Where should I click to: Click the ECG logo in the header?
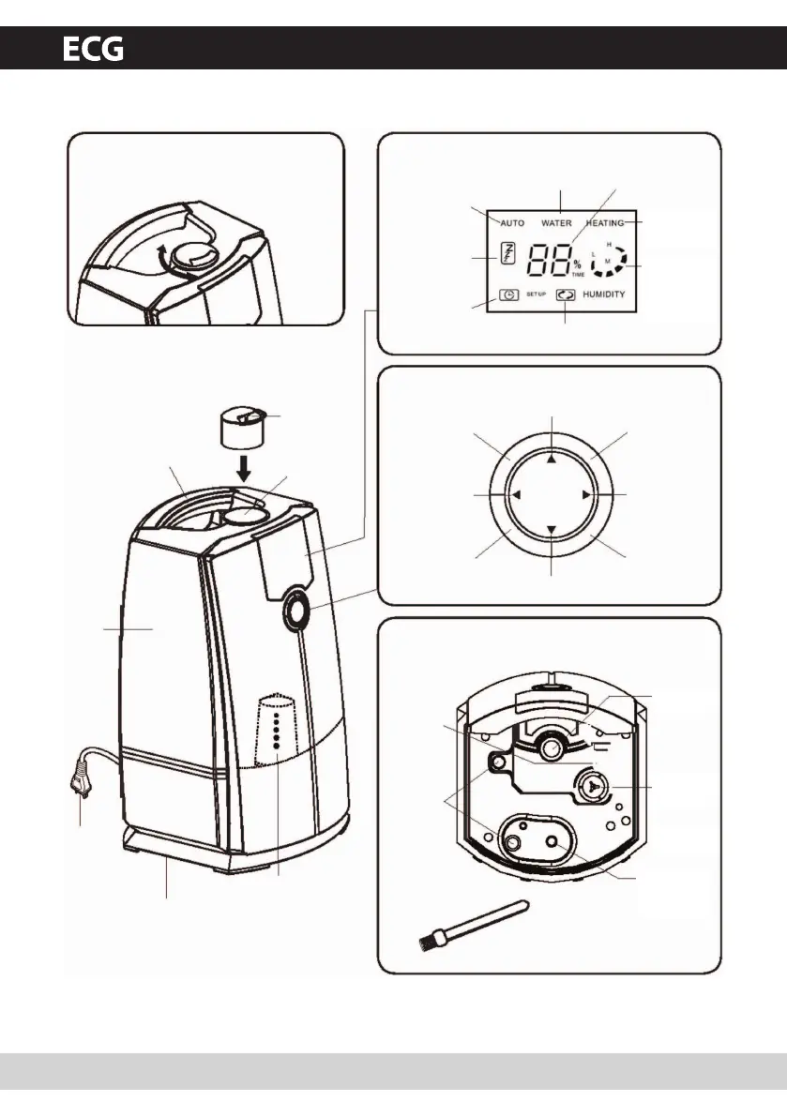point(93,49)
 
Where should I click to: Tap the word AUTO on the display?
point(512,223)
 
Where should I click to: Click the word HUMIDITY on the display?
point(604,294)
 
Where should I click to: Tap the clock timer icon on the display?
point(508,294)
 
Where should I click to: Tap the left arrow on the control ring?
point(516,495)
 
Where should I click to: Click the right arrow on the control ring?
point(585,495)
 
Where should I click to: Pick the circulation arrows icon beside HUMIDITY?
point(566,294)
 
